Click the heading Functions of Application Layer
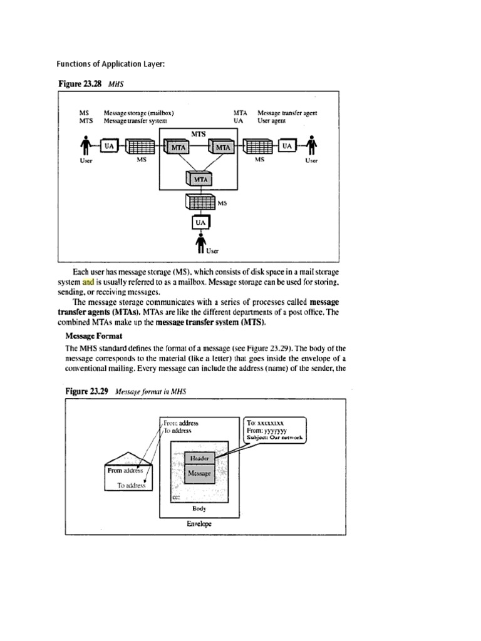click(111, 64)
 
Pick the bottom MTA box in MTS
click(199, 179)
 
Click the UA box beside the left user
click(109, 146)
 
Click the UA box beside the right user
click(287, 146)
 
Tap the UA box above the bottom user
click(199, 222)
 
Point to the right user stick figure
click(311, 146)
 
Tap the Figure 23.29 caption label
click(86, 391)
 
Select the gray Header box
click(199, 458)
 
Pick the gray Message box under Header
click(199, 474)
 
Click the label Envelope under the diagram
click(199, 523)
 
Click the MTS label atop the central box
click(199, 133)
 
